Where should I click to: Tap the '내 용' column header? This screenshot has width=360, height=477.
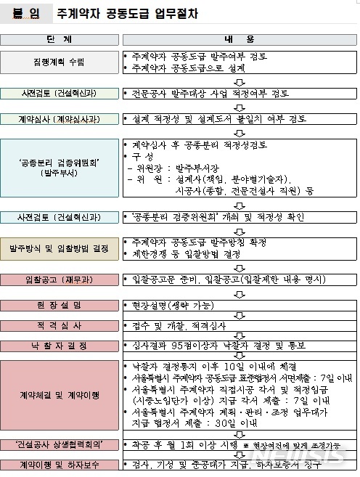[237, 38]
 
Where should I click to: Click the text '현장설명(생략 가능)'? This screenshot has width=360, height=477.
[168, 303]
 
